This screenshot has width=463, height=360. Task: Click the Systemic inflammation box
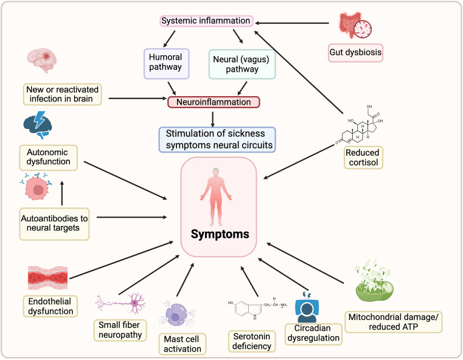click(x=206, y=21)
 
